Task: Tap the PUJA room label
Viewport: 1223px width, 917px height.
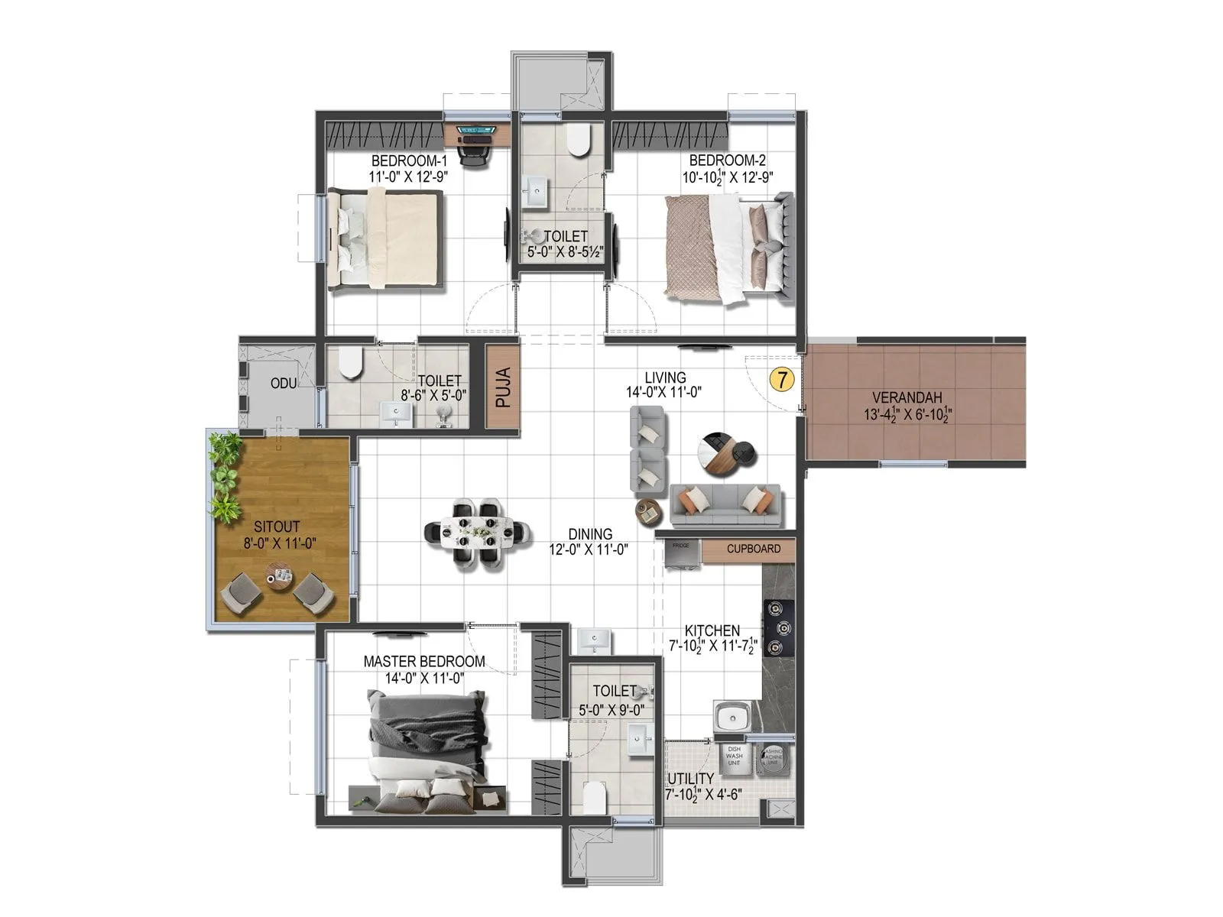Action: pyautogui.click(x=503, y=388)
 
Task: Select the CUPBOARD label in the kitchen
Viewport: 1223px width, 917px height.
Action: pyautogui.click(x=753, y=549)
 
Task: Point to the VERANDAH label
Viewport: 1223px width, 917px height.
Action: pyautogui.click(x=907, y=397)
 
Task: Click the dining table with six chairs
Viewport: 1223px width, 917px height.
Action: pyautogui.click(x=477, y=533)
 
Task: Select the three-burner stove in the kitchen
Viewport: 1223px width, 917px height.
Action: pyautogui.click(x=779, y=628)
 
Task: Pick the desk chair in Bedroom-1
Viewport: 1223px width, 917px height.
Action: pyautogui.click(x=473, y=154)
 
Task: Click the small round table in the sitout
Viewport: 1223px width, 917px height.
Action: pyautogui.click(x=279, y=575)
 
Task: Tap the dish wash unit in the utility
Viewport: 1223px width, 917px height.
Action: pyautogui.click(x=734, y=756)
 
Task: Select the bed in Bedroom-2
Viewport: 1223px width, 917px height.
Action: pyautogui.click(x=726, y=248)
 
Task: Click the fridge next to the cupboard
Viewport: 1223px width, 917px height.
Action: pyautogui.click(x=680, y=554)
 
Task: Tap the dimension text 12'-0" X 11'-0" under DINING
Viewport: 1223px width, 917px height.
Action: pyautogui.click(x=589, y=549)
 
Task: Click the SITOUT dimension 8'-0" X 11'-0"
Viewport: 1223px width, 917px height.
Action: pyautogui.click(x=280, y=543)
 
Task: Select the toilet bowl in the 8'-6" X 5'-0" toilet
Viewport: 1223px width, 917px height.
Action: pyautogui.click(x=350, y=362)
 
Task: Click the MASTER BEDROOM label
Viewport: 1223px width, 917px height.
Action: pyautogui.click(x=423, y=661)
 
